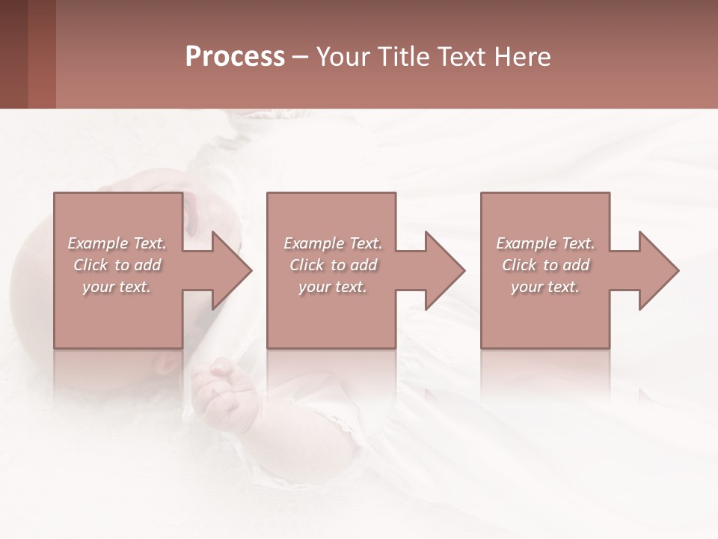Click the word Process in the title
coord(235,57)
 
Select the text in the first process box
coord(117,265)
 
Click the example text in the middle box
coord(333,265)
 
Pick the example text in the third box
coord(545,265)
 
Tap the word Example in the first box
coord(98,243)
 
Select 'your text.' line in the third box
coord(545,287)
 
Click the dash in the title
coord(300,57)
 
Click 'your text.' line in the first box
coord(117,287)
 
